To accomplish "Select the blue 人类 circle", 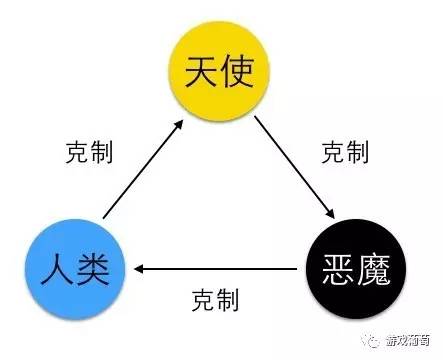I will [x=76, y=267].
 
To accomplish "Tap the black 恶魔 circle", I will [x=349, y=267].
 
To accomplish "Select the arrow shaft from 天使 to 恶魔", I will [x=294, y=169].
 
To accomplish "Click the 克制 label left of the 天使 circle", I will [x=86, y=152].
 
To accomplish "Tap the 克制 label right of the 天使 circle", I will [x=345, y=152].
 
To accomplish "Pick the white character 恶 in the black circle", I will [x=331, y=268].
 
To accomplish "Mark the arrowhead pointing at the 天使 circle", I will [x=180, y=124].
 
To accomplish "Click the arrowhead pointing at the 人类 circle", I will [x=140, y=268].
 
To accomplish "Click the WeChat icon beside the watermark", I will [x=373, y=339].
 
